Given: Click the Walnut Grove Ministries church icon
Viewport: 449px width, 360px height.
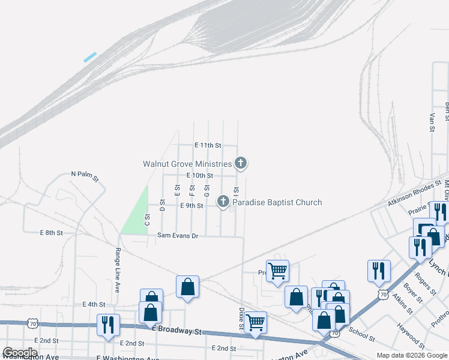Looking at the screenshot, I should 240,163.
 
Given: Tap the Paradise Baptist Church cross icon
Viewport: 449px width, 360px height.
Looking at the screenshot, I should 223,202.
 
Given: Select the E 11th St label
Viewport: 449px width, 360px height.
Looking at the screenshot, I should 208,145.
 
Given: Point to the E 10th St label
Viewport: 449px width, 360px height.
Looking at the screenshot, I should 200,175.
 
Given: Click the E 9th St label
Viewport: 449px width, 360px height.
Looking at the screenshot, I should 191,206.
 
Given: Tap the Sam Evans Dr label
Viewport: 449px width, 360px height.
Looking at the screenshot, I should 177,236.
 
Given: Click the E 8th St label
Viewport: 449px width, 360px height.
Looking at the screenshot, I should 52,232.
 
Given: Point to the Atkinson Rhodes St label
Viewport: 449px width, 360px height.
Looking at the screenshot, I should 410,194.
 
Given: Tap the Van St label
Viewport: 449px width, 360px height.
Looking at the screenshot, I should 432,122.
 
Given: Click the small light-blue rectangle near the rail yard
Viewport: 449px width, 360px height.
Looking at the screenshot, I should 90,58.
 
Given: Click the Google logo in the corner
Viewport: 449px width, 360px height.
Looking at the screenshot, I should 19,353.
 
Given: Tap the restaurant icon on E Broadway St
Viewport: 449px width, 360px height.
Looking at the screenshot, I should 109,325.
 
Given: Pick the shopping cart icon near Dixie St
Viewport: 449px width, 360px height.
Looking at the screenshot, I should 256,322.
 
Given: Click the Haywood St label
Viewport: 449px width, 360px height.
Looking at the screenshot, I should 411,337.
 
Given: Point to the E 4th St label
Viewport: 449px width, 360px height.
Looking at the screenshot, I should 94,305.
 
